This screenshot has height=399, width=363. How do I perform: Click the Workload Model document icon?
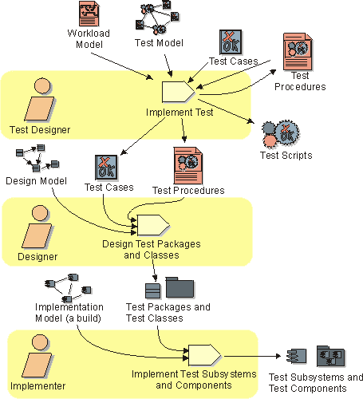coord(89,14)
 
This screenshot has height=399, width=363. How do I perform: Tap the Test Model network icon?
coord(157,18)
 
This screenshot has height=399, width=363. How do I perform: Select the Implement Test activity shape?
coord(179,92)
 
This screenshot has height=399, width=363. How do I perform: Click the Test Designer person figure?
coord(40,100)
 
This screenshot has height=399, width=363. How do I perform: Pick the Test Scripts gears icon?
coord(281,134)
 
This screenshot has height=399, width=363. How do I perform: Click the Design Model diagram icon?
coord(37,158)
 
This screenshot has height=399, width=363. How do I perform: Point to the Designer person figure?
coord(37,227)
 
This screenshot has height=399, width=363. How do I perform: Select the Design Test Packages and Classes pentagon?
coord(153,225)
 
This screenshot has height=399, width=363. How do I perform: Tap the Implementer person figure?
coord(37,356)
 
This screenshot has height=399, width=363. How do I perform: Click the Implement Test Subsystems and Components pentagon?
coord(204,355)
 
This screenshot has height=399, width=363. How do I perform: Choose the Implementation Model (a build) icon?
coord(69,288)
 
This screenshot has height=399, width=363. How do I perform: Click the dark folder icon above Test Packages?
coord(180,287)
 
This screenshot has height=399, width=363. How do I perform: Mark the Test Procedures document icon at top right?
coord(298,52)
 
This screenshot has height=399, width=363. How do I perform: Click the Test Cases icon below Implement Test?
coord(106,168)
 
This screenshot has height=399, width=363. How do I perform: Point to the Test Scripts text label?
coord(286,156)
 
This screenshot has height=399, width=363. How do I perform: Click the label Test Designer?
coord(40,130)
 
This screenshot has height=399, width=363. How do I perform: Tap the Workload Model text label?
coord(89,39)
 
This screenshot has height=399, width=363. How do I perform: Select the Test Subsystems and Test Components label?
coord(316,383)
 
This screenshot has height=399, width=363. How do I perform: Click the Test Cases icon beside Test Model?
coord(231,42)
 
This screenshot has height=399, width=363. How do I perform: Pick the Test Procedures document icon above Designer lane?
coord(188,166)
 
